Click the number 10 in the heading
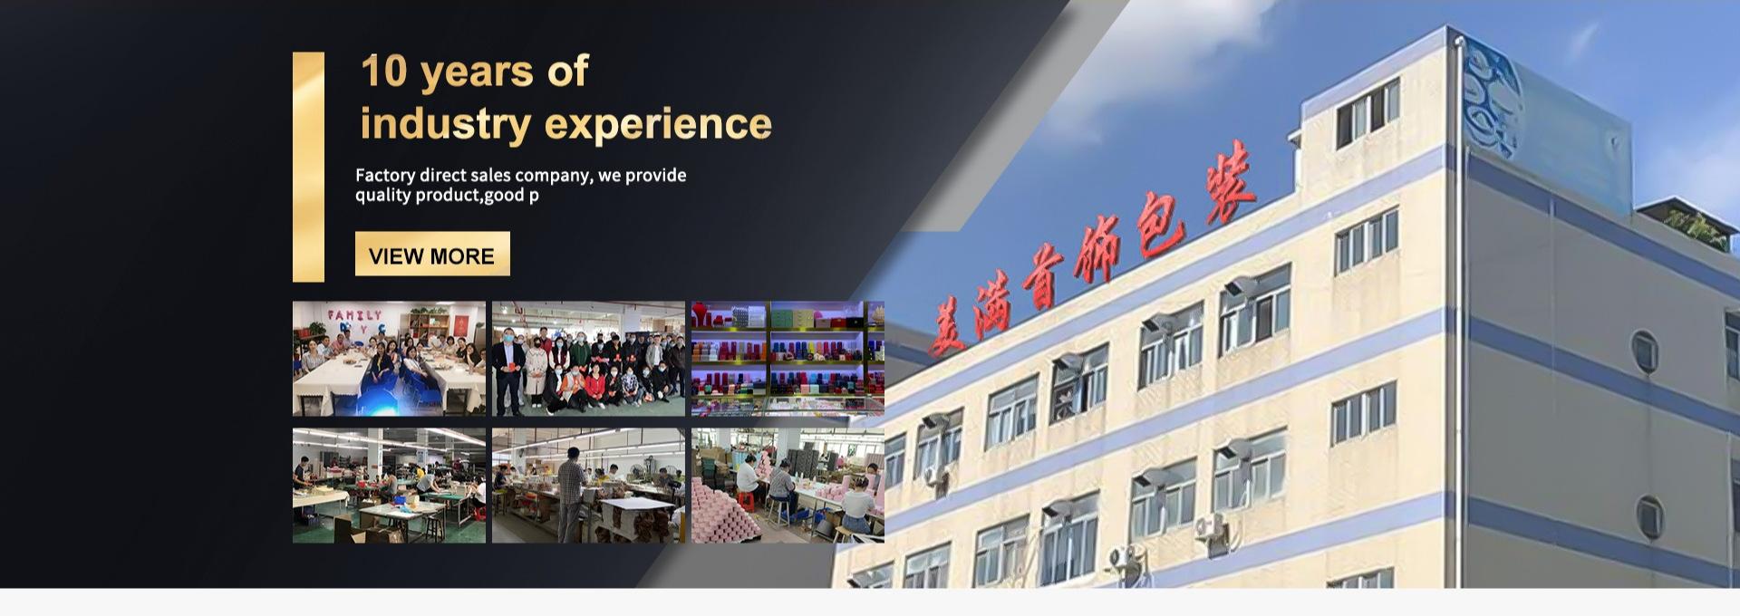[384, 72]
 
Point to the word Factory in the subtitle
[385, 175]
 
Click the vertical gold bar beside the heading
[308, 167]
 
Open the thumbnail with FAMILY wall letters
[389, 359]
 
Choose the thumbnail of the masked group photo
[588, 359]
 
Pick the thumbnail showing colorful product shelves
[788, 359]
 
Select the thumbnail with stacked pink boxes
[788, 486]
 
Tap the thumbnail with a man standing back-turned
[588, 486]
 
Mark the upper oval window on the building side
[1644, 351]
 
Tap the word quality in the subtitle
[382, 196]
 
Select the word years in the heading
[477, 72]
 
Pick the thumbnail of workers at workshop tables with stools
[389, 486]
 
